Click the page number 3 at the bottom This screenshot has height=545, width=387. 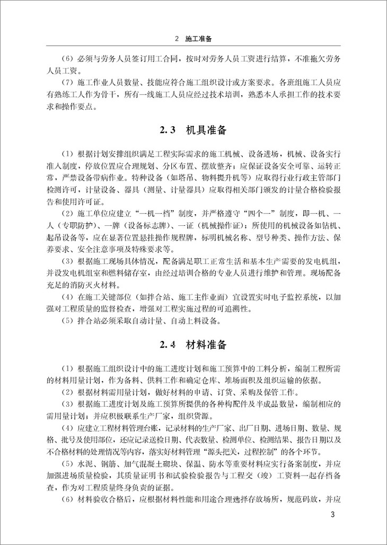[332, 515]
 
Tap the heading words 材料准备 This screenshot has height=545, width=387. [207, 345]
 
